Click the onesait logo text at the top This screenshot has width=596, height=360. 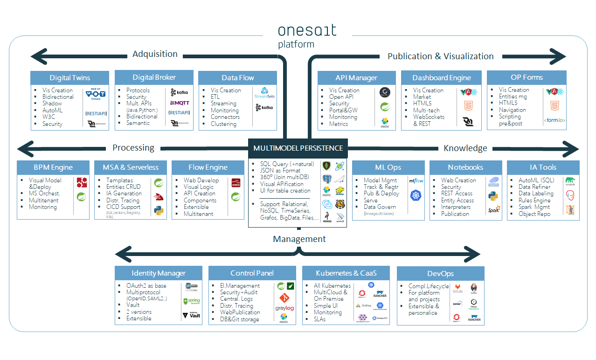pos(307,31)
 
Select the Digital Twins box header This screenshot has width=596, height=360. pos(70,77)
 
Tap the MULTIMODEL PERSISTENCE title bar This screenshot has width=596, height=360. pos(298,148)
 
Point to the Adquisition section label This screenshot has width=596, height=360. pos(155,54)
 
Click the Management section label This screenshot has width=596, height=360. pos(299,239)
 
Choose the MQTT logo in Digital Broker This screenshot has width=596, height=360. pos(180,103)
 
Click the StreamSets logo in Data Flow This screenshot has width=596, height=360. pos(264,93)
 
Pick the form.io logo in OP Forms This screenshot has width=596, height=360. pos(554,120)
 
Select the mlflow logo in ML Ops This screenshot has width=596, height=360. pos(416,180)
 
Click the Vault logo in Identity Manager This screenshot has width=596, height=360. pos(192,315)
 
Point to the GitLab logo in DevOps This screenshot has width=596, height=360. pos(457,288)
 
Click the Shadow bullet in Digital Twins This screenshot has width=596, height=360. pos(52,104)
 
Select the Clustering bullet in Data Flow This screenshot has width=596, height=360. pos(223,124)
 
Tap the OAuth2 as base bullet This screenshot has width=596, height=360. pos(146,285)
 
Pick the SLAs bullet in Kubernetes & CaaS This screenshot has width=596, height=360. pos(320,319)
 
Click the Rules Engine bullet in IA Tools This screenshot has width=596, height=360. pos(534,201)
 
